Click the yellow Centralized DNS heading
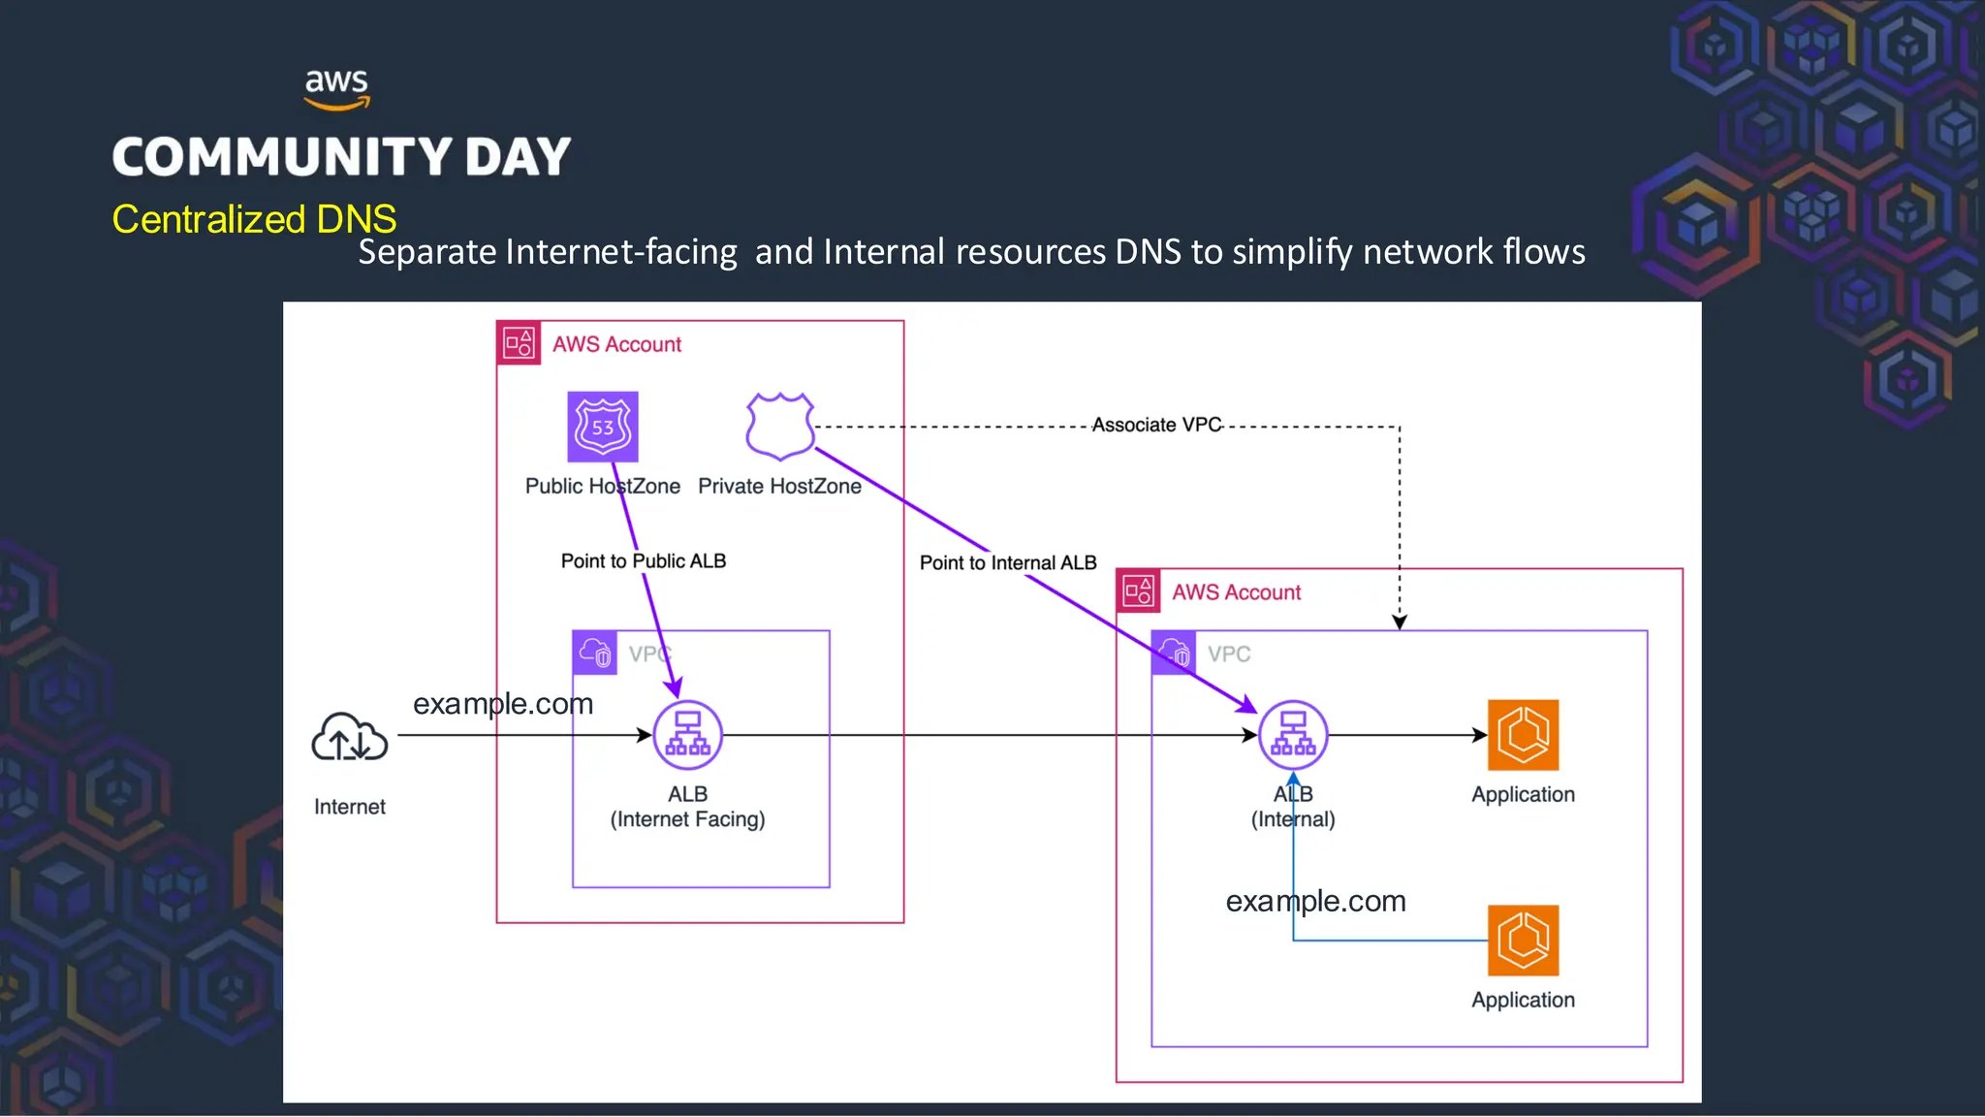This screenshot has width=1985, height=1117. pos(254,219)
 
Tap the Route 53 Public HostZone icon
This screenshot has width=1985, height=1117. pos(602,427)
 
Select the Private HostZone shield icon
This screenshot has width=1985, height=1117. pos(779,426)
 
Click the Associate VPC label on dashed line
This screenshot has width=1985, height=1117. pos(1156,425)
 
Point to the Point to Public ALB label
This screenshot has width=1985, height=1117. pos(643,560)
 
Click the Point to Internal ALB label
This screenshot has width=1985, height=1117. pos(1007,562)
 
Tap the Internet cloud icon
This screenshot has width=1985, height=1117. pos(349,739)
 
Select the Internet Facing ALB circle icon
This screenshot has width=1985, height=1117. pos(687,735)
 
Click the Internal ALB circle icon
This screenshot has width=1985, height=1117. pos(1292,735)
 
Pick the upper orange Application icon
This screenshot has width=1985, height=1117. pos(1523,735)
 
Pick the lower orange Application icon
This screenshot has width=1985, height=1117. pos(1523,941)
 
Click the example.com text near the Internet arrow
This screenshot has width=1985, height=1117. pos(503,703)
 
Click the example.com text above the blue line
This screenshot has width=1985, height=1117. pos(1315,901)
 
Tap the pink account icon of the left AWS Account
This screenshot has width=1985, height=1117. pos(519,343)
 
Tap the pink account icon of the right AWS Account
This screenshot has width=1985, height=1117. pos(1138,591)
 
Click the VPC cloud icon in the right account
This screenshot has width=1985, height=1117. pos(1173,653)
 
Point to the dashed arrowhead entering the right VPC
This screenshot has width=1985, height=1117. pos(1399,622)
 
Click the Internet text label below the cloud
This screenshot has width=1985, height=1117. pos(349,807)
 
